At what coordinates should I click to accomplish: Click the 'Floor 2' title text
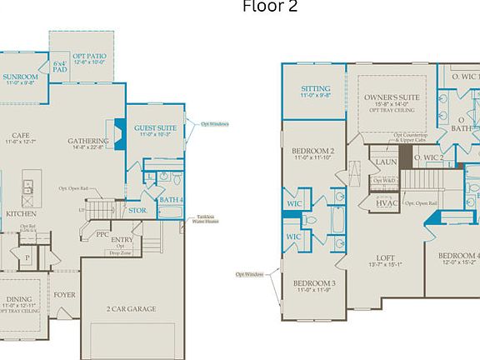coord(269,7)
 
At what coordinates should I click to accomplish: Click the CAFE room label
coord(21,136)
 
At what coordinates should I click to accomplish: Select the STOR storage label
coord(137,211)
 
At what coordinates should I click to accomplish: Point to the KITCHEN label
coord(21,213)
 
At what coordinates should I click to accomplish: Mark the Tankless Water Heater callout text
coord(206,219)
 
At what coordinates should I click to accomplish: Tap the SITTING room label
coord(315,89)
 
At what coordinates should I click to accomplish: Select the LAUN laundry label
coord(385,162)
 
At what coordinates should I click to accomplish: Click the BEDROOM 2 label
coord(314,152)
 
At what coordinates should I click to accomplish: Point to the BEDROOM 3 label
coord(314,285)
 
